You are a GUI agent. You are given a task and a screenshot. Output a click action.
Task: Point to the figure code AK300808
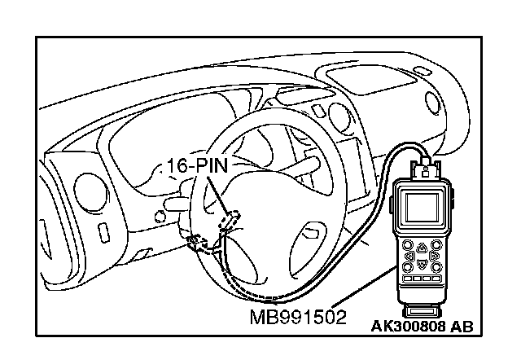point(405,327)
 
